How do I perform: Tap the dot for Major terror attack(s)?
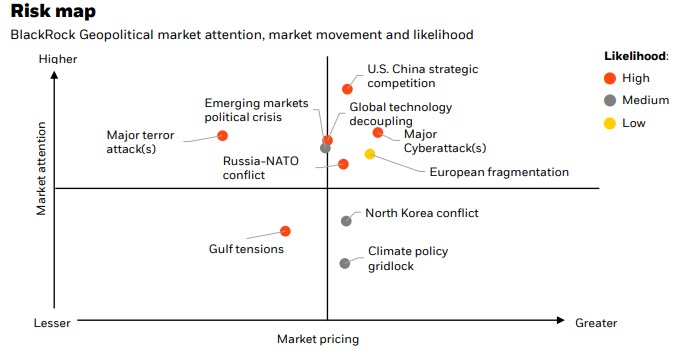point(222,135)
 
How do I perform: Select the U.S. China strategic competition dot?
point(348,89)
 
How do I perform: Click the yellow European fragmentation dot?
point(370,154)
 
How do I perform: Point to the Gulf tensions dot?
point(286,231)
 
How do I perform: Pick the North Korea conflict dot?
point(347,220)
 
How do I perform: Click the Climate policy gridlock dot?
point(345,263)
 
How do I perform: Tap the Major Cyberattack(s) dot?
point(377,132)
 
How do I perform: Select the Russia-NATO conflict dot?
point(343,164)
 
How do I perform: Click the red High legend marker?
point(609,77)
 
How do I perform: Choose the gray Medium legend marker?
point(609,100)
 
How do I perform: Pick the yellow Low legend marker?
point(609,123)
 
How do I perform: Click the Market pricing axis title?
point(317,339)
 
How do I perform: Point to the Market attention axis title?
point(42,168)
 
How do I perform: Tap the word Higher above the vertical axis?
point(57,60)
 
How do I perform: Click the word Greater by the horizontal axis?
point(596,323)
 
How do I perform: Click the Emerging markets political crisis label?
point(244,110)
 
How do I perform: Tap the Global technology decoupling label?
point(400,114)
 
